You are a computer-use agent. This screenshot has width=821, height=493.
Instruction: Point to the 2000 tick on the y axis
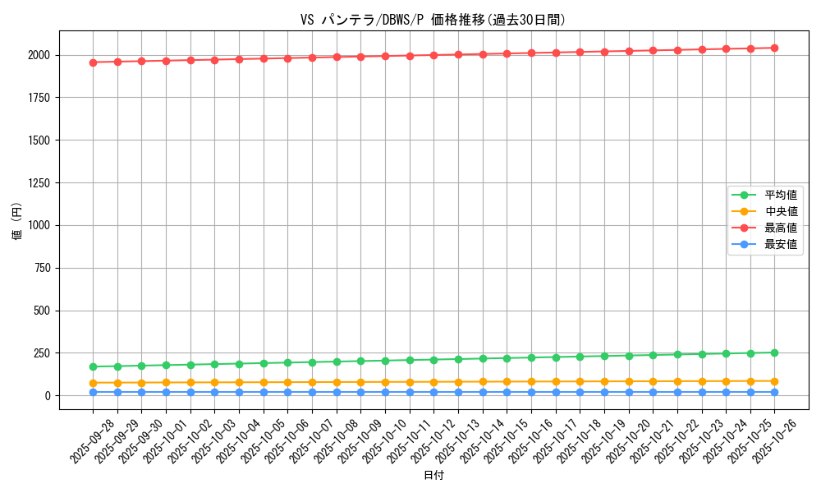click(x=39, y=55)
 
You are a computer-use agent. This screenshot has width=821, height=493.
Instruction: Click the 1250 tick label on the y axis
click(x=39, y=183)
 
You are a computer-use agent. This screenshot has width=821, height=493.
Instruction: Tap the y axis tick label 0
click(x=48, y=396)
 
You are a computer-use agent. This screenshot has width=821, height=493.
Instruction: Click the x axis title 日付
click(x=433, y=476)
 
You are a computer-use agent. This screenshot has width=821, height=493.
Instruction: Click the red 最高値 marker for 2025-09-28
click(x=93, y=62)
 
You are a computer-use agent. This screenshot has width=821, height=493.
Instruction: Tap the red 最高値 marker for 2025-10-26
click(x=774, y=48)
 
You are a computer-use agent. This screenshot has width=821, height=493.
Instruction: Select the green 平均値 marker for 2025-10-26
click(x=774, y=352)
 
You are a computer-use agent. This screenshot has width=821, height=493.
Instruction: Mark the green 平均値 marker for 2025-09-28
click(x=93, y=366)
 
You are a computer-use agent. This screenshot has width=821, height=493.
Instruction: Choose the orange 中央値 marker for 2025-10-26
click(x=774, y=381)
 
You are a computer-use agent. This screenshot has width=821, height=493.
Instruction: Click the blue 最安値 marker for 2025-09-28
click(x=93, y=392)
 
